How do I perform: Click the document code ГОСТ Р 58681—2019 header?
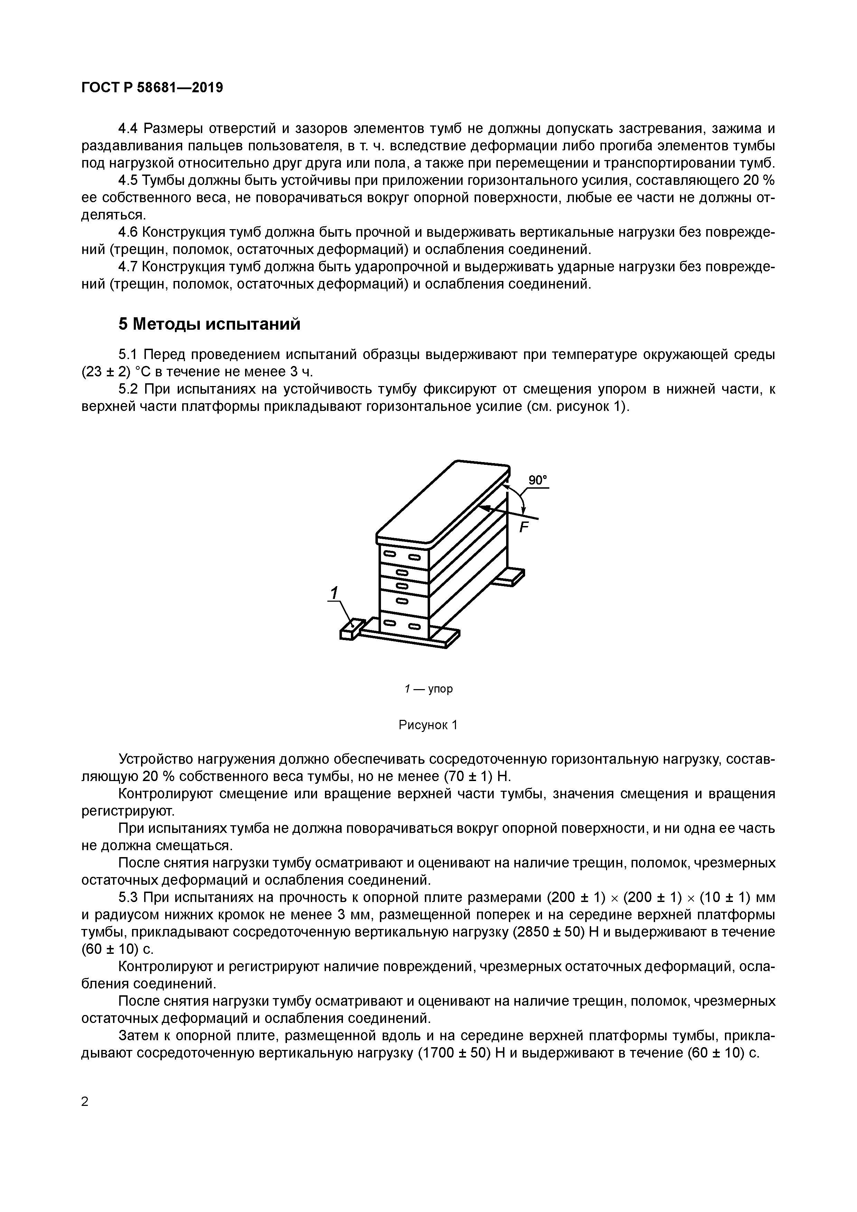tap(152, 88)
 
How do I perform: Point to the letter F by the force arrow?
tap(524, 527)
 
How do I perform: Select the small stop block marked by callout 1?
tap(350, 629)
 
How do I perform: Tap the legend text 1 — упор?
tap(428, 689)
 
